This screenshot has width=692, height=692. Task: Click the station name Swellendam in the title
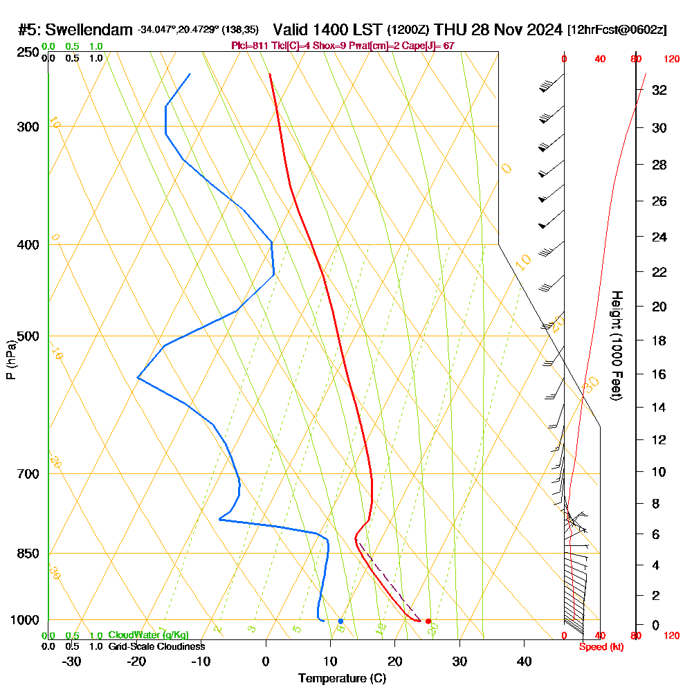pos(89,30)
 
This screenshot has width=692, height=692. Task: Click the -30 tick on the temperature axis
pos(72,661)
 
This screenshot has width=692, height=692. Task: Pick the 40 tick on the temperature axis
pos(524,661)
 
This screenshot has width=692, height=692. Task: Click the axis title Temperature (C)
pos(342,679)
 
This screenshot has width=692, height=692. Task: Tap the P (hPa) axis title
pos(10,360)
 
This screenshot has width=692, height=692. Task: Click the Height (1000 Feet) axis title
pos(616,345)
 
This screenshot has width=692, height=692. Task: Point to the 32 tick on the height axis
pos(659,90)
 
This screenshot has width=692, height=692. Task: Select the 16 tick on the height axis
pos(659,374)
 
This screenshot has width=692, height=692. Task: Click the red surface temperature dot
pos(428,621)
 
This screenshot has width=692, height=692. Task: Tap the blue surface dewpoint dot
pos(340,621)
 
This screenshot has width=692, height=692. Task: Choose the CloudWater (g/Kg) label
pos(148,635)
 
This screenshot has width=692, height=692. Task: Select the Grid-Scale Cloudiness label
pos(156,646)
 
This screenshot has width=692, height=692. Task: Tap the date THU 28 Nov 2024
pos(498,30)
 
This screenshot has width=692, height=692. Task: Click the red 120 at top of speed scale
pos(671,59)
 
